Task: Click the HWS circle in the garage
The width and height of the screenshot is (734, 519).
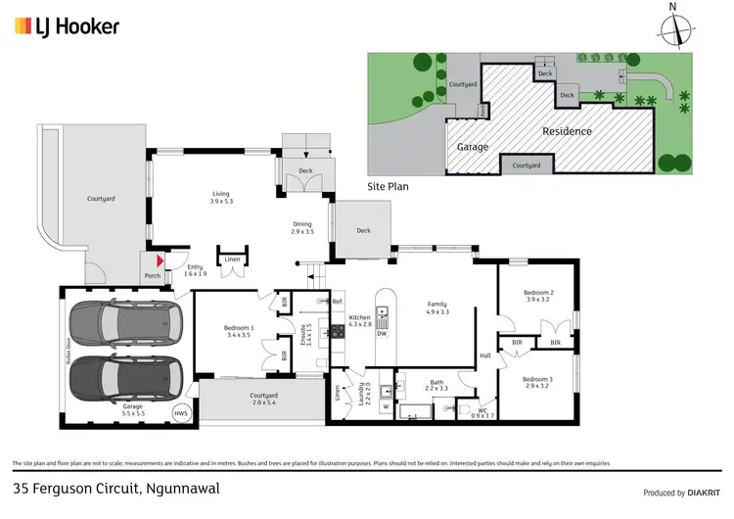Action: pyautogui.click(x=180, y=413)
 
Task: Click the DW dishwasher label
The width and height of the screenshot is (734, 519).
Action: pyautogui.click(x=383, y=332)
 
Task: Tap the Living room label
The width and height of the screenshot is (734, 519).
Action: pyautogui.click(x=220, y=194)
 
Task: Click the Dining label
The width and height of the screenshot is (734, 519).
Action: pyautogui.click(x=301, y=224)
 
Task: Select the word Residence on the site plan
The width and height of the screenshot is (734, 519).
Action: pyautogui.click(x=567, y=131)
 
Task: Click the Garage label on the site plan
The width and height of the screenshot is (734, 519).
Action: pyautogui.click(x=473, y=147)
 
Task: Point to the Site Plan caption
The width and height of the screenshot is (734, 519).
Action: pyautogui.click(x=387, y=185)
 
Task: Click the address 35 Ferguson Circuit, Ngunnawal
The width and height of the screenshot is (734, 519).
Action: pyautogui.click(x=115, y=488)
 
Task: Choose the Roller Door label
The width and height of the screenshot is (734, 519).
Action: pyautogui.click(x=69, y=352)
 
